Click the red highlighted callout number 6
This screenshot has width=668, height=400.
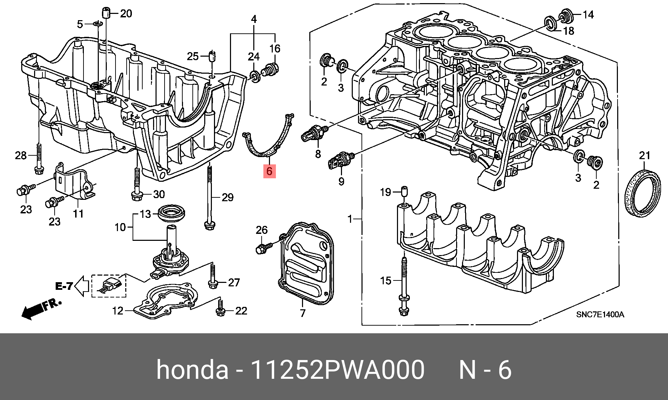point(269,171)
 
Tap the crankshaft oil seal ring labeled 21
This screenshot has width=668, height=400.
point(643,193)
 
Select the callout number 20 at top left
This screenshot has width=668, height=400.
point(126,14)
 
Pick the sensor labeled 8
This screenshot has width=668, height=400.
point(313,133)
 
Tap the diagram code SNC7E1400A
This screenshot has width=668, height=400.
point(600,315)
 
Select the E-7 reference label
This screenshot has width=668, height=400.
point(64,286)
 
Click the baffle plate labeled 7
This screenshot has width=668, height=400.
point(306,264)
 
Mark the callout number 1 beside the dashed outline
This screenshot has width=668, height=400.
point(350,219)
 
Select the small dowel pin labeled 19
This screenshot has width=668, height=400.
point(404,191)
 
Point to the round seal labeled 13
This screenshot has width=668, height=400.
point(171,213)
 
